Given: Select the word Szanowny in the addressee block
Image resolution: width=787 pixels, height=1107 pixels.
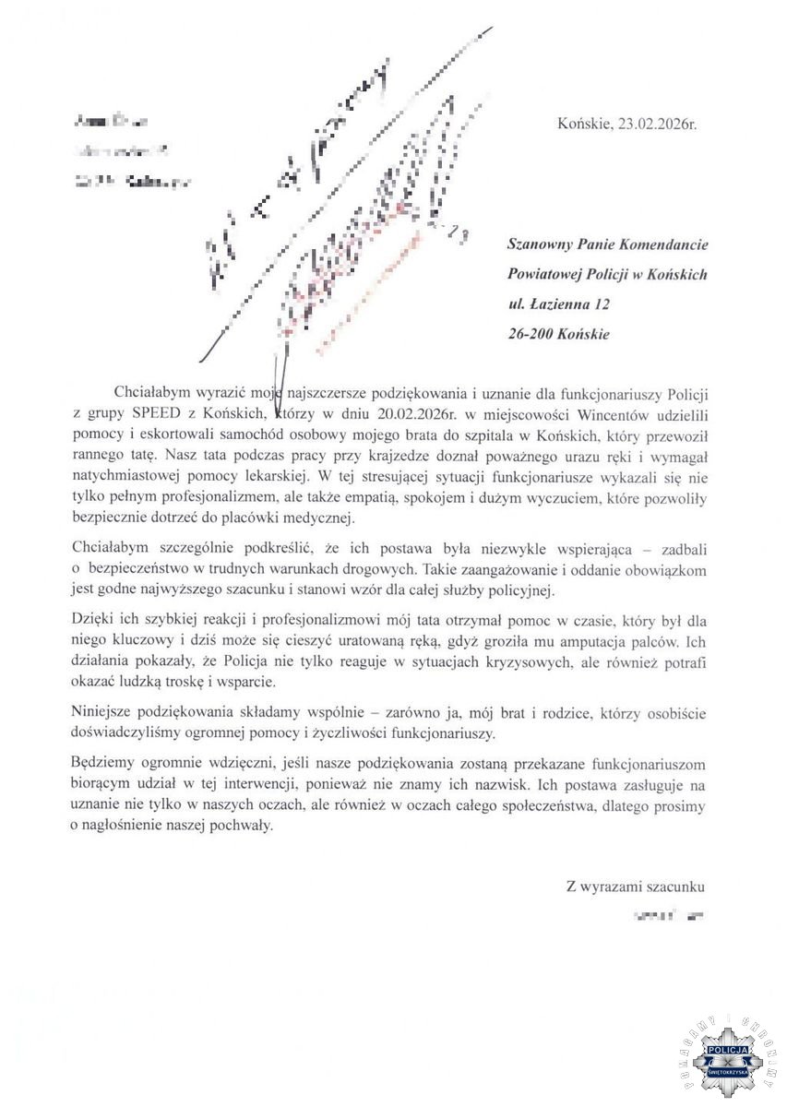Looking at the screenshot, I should pos(542,245).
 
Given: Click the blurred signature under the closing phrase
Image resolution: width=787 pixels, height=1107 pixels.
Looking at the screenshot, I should pos(665,917).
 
